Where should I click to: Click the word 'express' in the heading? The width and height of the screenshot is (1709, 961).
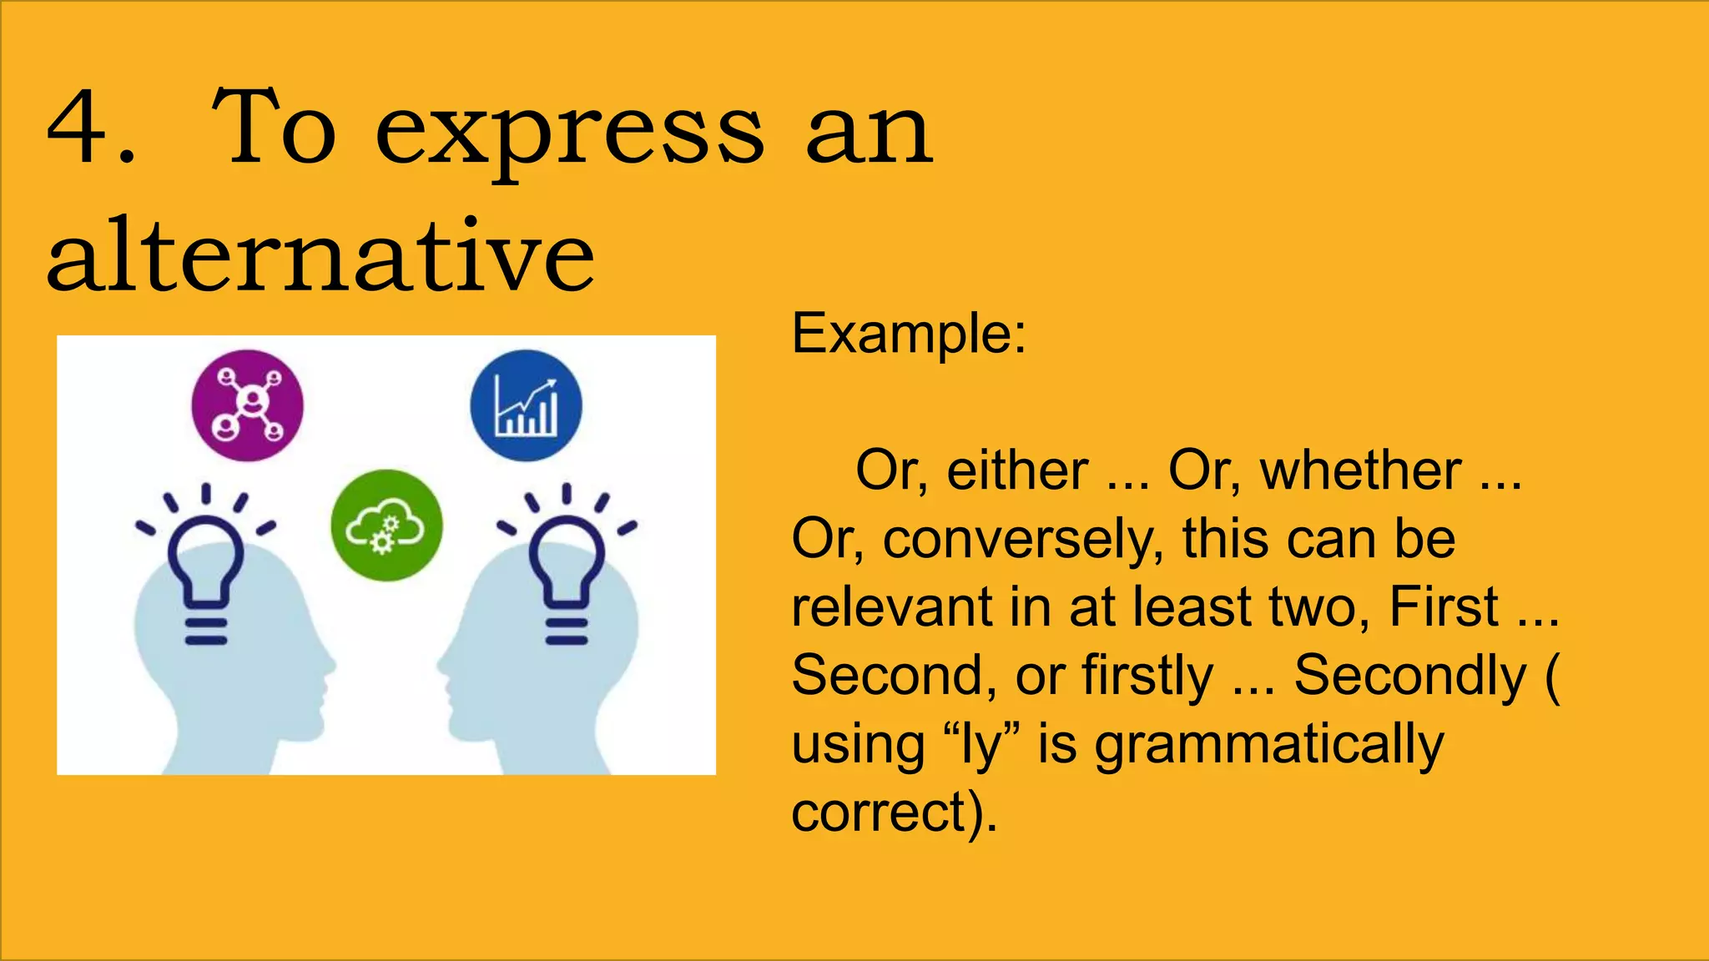coord(569,133)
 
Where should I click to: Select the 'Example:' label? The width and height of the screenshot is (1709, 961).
coord(908,334)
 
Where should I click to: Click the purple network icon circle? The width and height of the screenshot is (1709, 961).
coord(248,405)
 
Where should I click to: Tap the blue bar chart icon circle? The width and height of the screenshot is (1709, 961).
coord(526,405)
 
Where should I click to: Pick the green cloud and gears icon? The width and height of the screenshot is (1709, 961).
coord(386,526)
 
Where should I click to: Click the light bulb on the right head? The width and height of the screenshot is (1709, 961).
coord(567,567)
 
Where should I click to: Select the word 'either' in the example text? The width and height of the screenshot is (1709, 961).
coord(1017,470)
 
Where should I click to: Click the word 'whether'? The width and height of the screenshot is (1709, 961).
coord(1360,470)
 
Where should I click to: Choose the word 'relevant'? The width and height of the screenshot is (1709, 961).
coord(891,606)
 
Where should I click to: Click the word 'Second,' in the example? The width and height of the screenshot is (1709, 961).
coord(894,675)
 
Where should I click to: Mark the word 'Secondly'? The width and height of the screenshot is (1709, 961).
coord(1409,675)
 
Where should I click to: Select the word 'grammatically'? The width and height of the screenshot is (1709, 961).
coord(1268,745)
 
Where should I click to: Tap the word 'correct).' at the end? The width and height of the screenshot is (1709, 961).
coord(894,812)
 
